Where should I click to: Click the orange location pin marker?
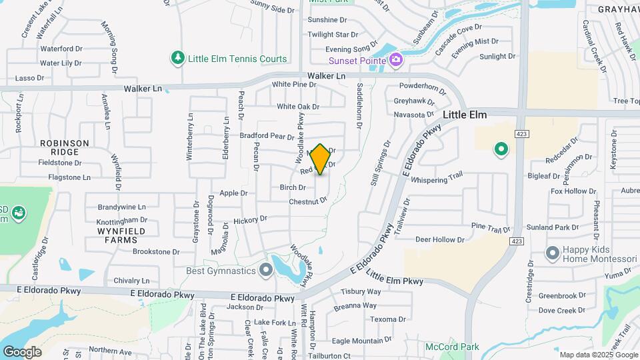(x=320, y=159)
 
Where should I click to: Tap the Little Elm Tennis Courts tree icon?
(x=177, y=59)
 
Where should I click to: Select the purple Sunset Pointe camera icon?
(x=396, y=61)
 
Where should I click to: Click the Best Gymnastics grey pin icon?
(x=266, y=271)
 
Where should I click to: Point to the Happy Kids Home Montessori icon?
(x=552, y=253)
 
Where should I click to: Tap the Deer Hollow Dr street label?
(x=439, y=239)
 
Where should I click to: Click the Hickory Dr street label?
(x=250, y=219)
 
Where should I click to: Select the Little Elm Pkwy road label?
(x=395, y=278)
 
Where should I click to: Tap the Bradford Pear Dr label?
(x=267, y=136)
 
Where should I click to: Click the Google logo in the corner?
(x=22, y=351)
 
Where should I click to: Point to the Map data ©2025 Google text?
(x=597, y=355)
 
